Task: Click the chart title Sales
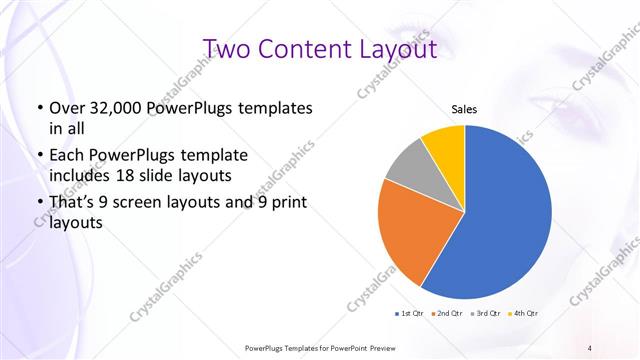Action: coord(464,108)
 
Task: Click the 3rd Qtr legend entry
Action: coord(487,313)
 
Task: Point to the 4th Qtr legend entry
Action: coord(524,313)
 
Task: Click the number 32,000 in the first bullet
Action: coord(115,108)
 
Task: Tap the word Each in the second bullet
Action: coord(66,156)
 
